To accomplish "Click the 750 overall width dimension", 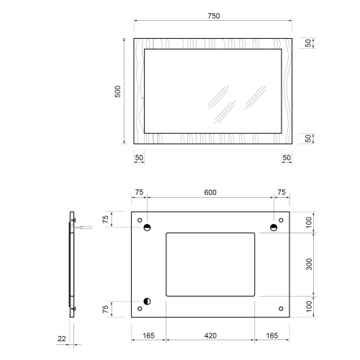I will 213,16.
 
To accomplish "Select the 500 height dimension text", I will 118,91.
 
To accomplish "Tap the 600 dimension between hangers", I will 210,192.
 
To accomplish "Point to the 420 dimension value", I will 210,336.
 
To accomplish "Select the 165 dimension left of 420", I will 148,336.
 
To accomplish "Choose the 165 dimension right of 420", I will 272,336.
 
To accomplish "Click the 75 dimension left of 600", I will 139,192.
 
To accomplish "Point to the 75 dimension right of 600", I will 282,192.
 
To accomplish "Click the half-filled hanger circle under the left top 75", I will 147,228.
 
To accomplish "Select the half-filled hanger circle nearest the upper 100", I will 274,228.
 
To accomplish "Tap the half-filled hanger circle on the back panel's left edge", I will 147,302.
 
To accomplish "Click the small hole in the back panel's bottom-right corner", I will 280,309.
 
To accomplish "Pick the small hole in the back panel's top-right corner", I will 280,220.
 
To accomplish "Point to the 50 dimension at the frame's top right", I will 308,44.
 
